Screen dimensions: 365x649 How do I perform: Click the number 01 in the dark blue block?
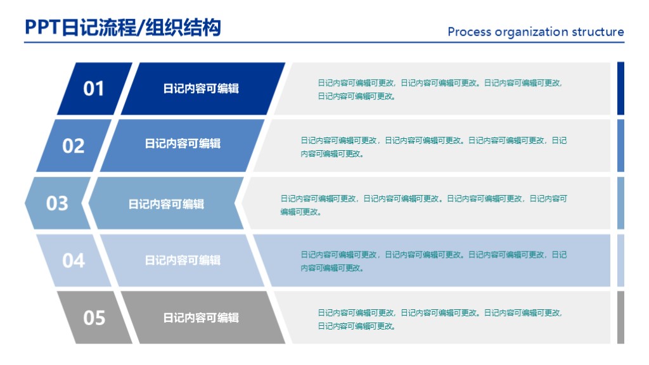click(x=94, y=89)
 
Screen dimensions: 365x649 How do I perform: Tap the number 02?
click(x=73, y=146)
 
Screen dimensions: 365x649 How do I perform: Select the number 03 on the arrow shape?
click(x=57, y=203)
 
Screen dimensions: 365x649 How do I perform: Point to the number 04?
click(x=73, y=260)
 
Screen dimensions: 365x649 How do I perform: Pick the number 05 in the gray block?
click(x=94, y=317)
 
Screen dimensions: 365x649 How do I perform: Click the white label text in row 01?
click(x=201, y=89)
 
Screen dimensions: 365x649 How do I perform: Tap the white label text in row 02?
click(x=183, y=144)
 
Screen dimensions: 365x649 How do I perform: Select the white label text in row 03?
click(x=166, y=204)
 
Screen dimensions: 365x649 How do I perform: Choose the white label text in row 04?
click(x=183, y=260)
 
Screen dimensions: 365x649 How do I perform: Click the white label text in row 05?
click(x=201, y=318)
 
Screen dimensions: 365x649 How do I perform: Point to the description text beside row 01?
click(x=439, y=89)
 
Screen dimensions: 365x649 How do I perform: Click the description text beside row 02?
click(x=434, y=147)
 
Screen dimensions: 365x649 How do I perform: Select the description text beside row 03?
click(x=423, y=205)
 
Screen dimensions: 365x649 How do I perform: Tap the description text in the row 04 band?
click(x=434, y=261)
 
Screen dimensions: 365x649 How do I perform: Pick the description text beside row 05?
click(x=439, y=319)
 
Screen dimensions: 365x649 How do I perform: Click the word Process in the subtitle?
click(x=469, y=32)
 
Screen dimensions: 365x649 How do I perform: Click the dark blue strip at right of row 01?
click(x=620, y=88)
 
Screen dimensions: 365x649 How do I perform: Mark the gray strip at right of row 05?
click(x=620, y=317)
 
